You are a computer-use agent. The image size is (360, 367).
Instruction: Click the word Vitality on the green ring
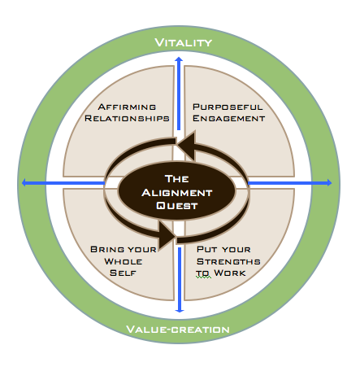(184, 42)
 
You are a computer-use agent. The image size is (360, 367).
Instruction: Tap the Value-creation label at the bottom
(178, 330)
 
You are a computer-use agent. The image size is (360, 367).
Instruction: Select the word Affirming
(127, 107)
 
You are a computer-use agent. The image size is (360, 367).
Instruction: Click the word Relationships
(127, 119)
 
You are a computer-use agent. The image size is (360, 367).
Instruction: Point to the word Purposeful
(228, 107)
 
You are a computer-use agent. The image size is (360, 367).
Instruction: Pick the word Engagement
(228, 119)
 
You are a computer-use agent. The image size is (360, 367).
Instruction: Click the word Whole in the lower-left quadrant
(124, 261)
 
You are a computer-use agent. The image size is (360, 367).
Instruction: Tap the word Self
(123, 273)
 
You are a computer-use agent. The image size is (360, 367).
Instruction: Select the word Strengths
(228, 261)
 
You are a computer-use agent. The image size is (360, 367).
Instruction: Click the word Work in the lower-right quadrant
(230, 273)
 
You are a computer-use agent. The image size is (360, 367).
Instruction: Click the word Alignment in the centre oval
(176, 193)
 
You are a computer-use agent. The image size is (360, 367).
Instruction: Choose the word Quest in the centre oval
(176, 205)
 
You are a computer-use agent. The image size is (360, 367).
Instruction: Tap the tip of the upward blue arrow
(179, 57)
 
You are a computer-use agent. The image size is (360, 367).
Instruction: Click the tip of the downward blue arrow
(180, 312)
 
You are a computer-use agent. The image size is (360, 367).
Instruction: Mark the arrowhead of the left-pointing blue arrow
(22, 183)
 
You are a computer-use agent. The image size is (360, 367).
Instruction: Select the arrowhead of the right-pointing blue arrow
(332, 182)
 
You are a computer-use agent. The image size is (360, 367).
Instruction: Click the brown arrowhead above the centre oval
(187, 145)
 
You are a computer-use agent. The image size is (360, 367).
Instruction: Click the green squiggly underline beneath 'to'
(203, 277)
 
